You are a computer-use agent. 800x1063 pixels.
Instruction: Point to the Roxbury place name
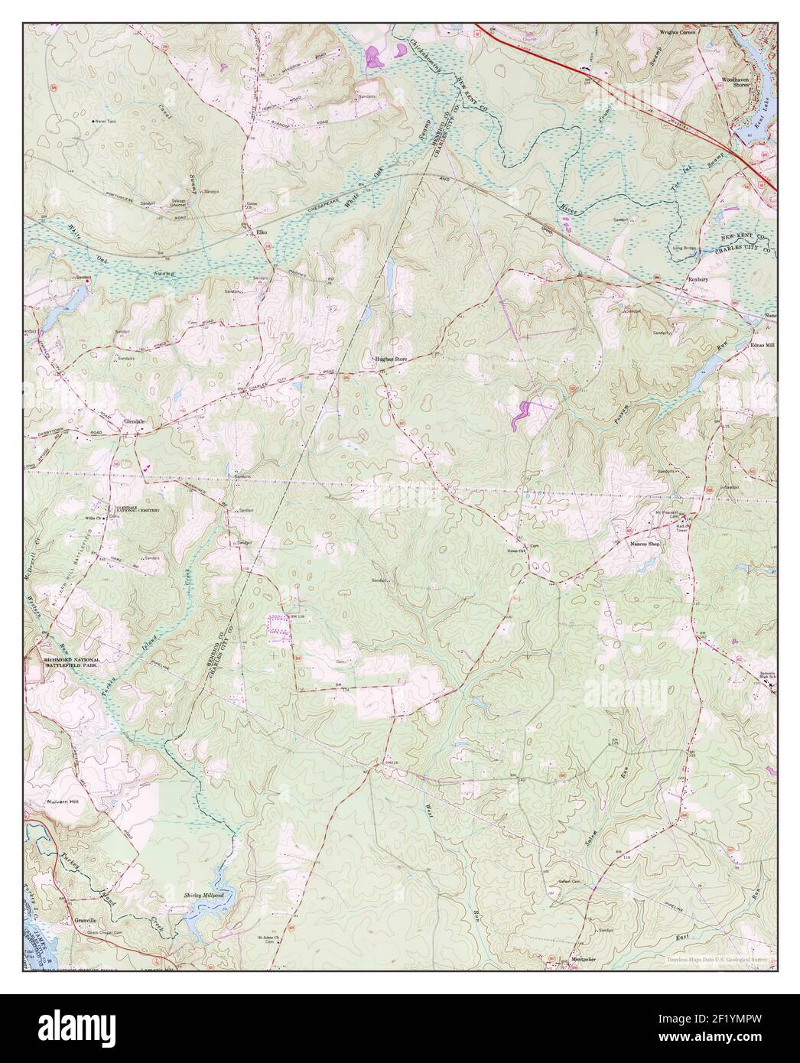click(x=700, y=281)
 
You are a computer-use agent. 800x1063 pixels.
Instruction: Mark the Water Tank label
click(x=105, y=121)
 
